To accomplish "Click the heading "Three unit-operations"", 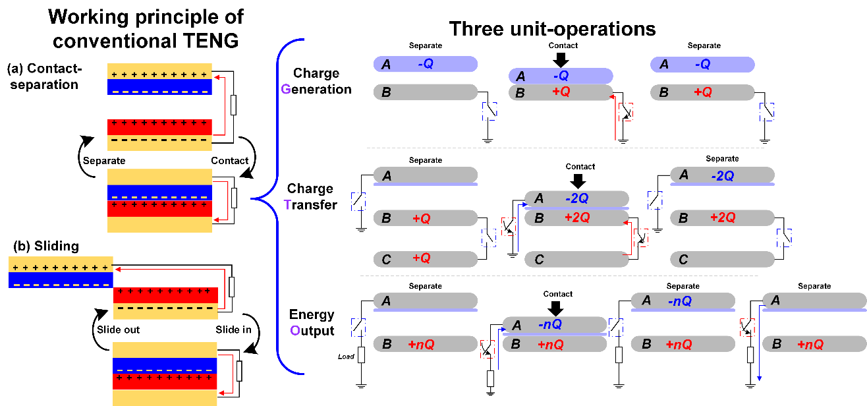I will (552, 29).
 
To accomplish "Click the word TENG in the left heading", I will (211, 40).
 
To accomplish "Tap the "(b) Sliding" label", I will (43, 246).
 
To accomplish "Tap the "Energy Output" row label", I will (312, 322).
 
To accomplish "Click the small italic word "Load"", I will (347, 357).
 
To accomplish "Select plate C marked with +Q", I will (425, 259).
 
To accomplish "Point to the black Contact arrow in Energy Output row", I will (556, 308).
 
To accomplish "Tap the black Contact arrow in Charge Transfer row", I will (579, 181).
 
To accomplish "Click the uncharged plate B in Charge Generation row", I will (425, 92).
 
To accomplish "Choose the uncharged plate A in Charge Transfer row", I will (425, 175).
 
